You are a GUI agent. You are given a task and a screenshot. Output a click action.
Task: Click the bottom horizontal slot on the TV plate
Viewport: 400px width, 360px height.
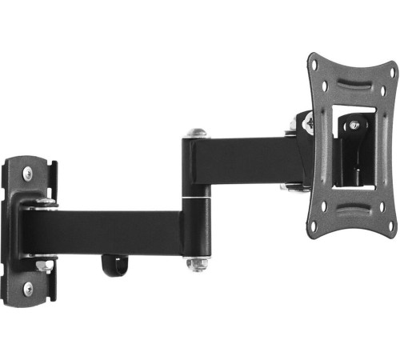351,215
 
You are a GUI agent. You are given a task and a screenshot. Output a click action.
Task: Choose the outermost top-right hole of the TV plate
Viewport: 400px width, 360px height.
392,71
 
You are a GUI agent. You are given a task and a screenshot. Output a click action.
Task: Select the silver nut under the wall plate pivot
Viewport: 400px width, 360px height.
42,265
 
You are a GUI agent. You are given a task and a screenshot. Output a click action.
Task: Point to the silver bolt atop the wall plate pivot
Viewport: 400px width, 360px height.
44,202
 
